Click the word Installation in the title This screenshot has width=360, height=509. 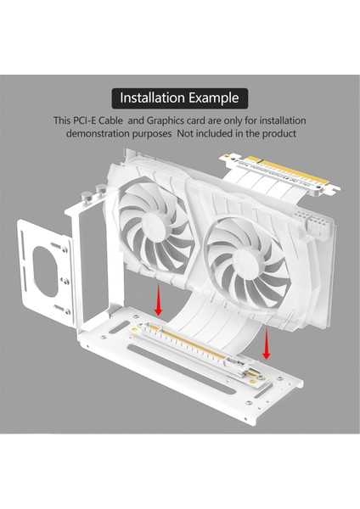pos(155,98)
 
